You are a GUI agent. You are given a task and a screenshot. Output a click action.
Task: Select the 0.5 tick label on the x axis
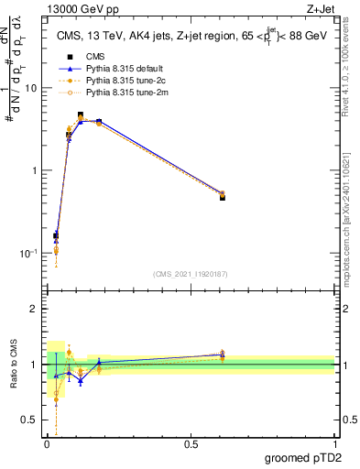(x=191, y=443)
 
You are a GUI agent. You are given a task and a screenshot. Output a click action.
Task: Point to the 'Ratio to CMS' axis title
(x=13, y=365)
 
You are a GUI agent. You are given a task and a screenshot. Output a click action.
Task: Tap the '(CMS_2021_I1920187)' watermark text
(x=191, y=274)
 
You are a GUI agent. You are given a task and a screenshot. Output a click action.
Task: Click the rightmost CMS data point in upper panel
(x=223, y=197)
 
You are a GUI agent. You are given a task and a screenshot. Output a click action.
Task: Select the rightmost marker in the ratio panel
(x=223, y=354)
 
